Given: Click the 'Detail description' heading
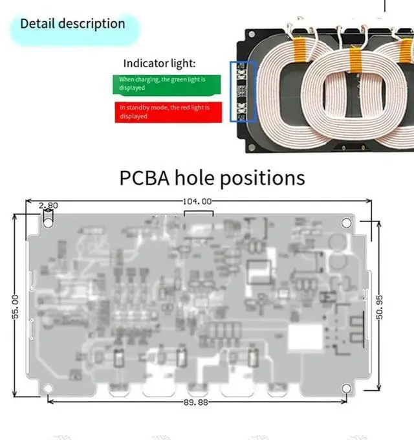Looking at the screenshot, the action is tap(72, 24).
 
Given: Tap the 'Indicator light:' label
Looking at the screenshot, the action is tap(159, 63).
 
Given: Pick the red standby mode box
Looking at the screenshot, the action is tap(168, 112).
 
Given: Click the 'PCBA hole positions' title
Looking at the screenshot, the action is tap(212, 177).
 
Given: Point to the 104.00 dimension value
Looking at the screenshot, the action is tap(197, 201).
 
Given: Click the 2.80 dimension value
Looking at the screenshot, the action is tap(49, 206).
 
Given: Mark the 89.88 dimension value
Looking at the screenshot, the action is tap(195, 402).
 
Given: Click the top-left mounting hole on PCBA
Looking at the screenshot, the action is tap(49, 221).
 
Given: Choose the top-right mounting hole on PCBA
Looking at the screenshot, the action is tap(346, 223).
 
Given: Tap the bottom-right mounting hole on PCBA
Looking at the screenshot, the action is tap(346, 388).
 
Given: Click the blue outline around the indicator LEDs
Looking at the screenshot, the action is tap(243, 92).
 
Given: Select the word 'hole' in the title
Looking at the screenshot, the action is tap(195, 177).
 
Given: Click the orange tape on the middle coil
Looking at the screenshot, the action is tap(354, 61).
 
